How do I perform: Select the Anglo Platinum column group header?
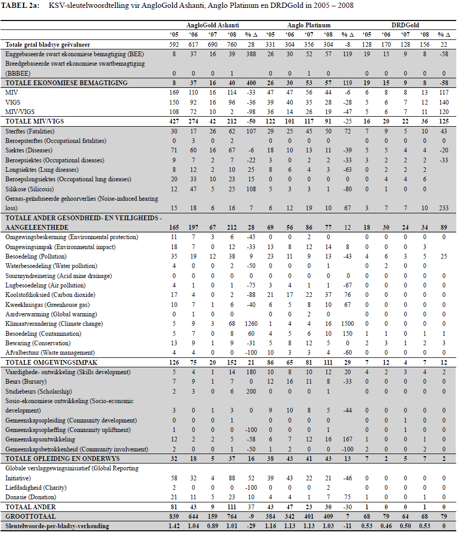[309, 25]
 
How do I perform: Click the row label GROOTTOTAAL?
[29, 517]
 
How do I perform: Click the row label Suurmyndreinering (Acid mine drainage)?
[58, 275]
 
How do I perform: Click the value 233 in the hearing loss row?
[444, 208]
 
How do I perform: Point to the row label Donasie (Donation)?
[32, 497]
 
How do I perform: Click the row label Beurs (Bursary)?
[26, 382]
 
